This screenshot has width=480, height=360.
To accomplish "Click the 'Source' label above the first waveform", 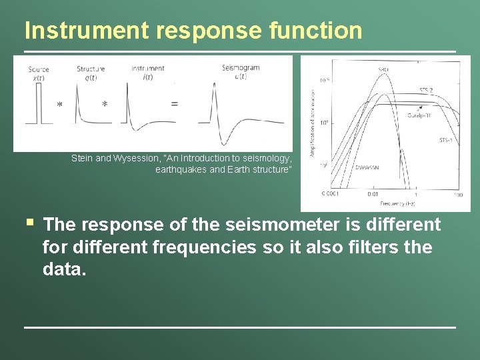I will click(39, 69).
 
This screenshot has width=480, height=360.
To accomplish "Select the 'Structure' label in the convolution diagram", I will click(91, 69).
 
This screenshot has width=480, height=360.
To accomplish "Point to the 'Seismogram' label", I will click(241, 68).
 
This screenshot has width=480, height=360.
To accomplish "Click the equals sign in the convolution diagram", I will click(174, 104).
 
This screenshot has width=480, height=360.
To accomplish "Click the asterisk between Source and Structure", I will click(60, 105).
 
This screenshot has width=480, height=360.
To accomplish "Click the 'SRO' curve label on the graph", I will click(383, 69).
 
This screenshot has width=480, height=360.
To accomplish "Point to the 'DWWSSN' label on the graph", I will click(368, 167).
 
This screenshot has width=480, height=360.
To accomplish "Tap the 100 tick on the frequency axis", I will click(457, 195).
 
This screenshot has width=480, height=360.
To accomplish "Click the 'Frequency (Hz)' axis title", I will click(398, 203).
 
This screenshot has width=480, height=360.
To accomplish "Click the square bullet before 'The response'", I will click(31, 222).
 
